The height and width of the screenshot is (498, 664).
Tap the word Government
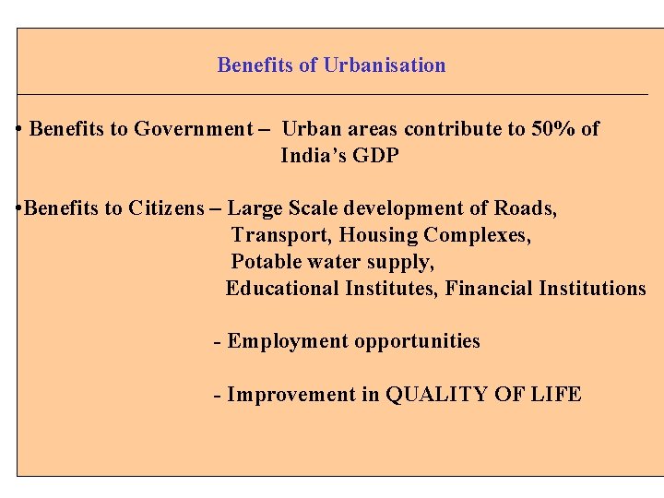coord(193,129)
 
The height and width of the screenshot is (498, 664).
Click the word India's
coord(314,156)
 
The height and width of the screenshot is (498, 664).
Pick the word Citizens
coord(166,208)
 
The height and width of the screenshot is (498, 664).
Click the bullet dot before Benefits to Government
coord(19,129)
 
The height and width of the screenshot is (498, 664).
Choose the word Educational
coord(282,289)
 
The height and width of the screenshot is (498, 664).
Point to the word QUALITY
coord(437,395)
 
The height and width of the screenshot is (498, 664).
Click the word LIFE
coord(556,395)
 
